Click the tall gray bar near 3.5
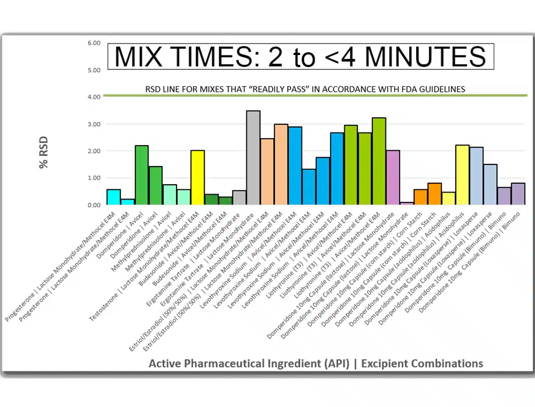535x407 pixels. coord(253,158)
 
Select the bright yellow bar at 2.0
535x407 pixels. coord(197,178)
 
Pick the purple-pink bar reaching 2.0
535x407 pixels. coord(393,178)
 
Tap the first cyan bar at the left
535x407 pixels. coord(114,197)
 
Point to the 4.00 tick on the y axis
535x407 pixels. coord(94,97)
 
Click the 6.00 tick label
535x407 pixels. coord(94,43)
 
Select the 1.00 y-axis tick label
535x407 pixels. coord(94,178)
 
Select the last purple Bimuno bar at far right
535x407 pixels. coord(518,194)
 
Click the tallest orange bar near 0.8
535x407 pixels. coord(434,194)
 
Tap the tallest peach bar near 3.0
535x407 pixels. coord(281,164)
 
